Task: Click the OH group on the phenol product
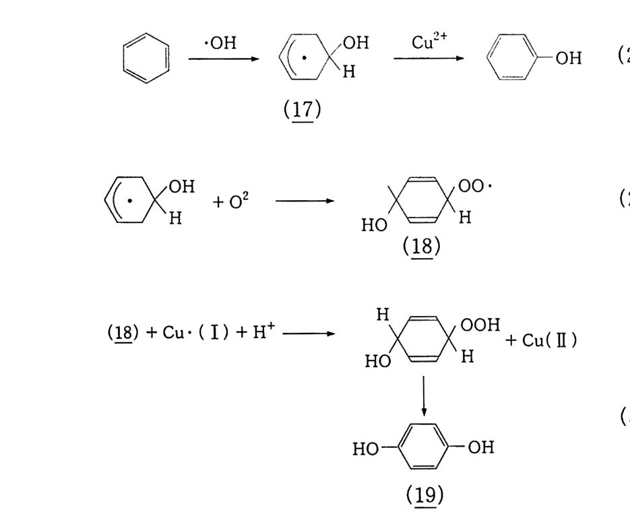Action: point(569,59)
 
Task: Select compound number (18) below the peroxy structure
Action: point(421,247)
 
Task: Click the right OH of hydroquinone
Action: point(480,447)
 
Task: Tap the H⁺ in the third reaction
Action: point(264,333)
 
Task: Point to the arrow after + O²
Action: point(305,201)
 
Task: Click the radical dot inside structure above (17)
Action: point(304,59)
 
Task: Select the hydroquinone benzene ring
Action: point(423,447)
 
